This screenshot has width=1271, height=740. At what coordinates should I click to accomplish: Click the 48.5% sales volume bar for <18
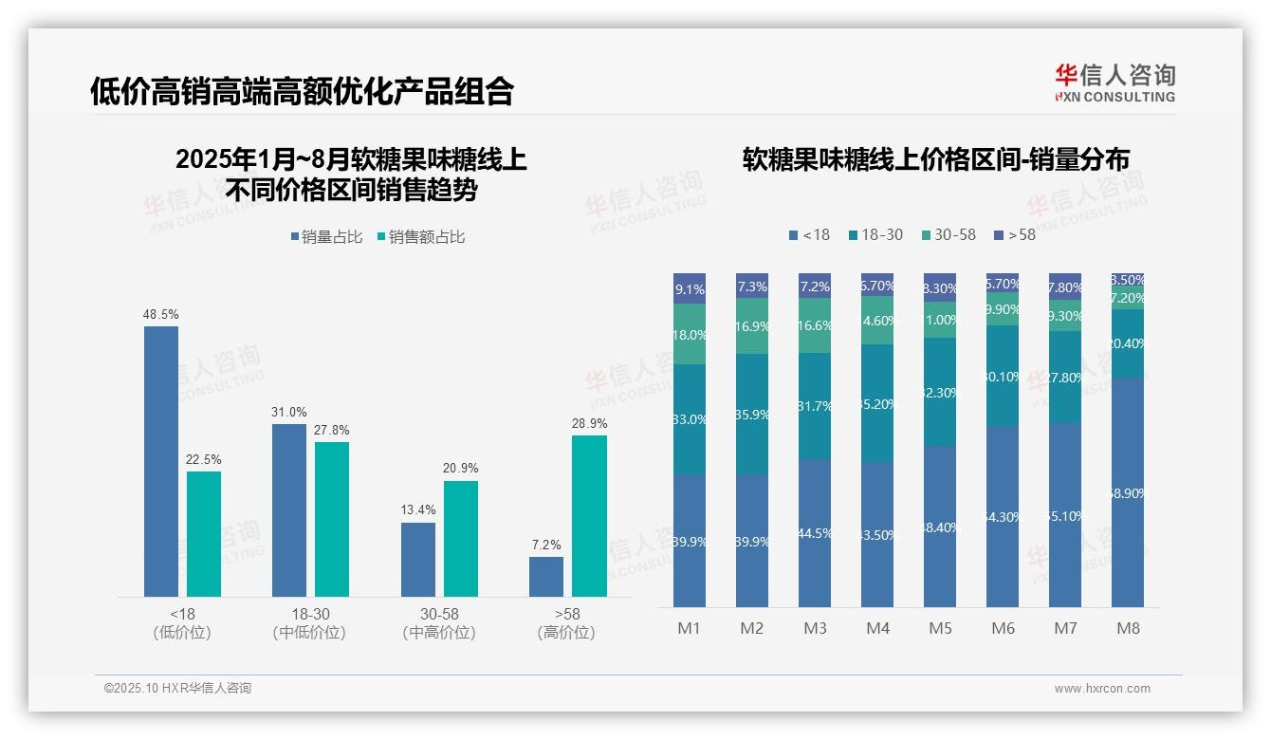161,461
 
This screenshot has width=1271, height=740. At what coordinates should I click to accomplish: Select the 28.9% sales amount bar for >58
589,516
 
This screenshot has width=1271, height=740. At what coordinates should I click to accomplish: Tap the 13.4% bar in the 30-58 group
418,560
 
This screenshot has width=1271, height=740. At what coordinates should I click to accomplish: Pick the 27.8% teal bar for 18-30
332,519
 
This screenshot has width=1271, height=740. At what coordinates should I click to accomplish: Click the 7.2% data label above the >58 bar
546,546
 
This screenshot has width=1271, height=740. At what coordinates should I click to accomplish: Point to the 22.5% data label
204,460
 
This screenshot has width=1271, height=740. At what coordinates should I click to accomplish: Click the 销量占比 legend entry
326,237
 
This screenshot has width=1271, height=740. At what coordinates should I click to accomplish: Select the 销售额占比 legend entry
421,237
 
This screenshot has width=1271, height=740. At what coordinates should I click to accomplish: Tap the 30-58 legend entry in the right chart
948,234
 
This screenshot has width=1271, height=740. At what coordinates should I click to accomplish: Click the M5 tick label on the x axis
940,628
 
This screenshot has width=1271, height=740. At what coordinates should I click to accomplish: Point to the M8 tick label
1128,628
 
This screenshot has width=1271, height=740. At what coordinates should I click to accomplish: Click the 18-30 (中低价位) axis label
308,623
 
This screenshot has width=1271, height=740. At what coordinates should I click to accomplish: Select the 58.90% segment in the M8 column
1128,492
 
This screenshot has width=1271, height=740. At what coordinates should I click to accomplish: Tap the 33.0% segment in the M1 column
690,419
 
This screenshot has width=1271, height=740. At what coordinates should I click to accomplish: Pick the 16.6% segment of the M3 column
815,325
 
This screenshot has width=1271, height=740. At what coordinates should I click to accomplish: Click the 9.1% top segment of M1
690,288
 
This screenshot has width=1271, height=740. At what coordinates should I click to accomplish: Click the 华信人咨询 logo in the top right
1114,83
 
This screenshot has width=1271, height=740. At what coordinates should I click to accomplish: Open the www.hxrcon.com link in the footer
1102,689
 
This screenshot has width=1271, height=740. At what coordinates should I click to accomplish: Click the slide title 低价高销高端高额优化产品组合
302,91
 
